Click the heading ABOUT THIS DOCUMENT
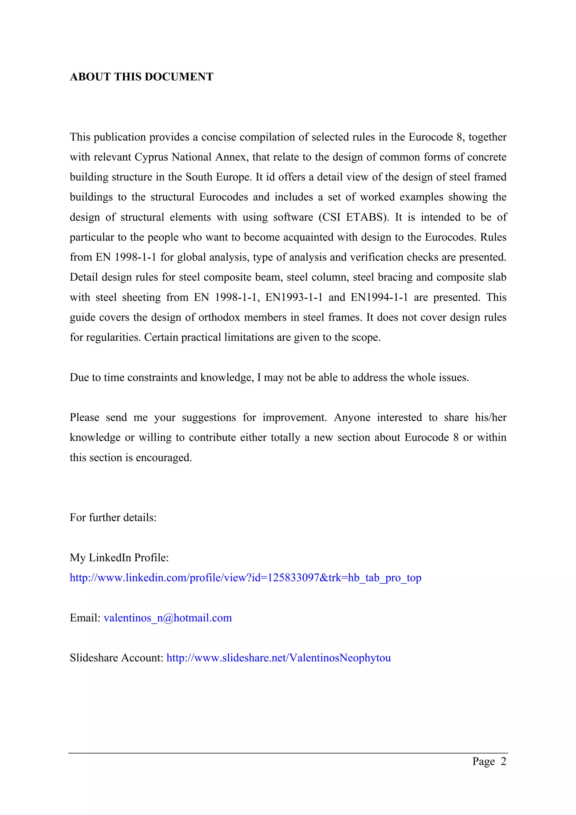click(x=141, y=77)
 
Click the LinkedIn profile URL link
click(x=245, y=578)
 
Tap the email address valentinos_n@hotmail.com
click(x=168, y=618)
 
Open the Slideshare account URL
click(x=279, y=658)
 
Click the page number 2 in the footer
click(x=503, y=761)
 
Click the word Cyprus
click(x=151, y=157)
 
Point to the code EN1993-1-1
click(x=294, y=297)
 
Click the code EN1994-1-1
click(x=379, y=297)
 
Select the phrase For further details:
click(x=113, y=517)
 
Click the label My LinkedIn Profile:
click(x=119, y=558)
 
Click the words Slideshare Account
click(x=116, y=658)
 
